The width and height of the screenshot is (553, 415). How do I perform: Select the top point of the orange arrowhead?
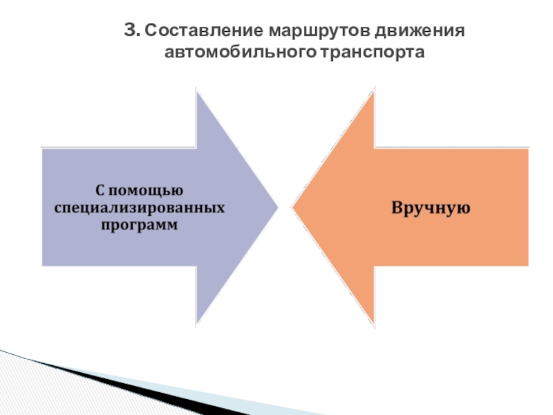pyautogui.click(x=374, y=89)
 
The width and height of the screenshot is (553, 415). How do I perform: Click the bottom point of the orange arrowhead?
pyautogui.click(x=374, y=325)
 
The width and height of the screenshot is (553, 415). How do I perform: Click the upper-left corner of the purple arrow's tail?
pyautogui.click(x=43, y=149)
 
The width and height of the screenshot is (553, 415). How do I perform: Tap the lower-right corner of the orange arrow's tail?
pyautogui.click(x=528, y=265)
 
